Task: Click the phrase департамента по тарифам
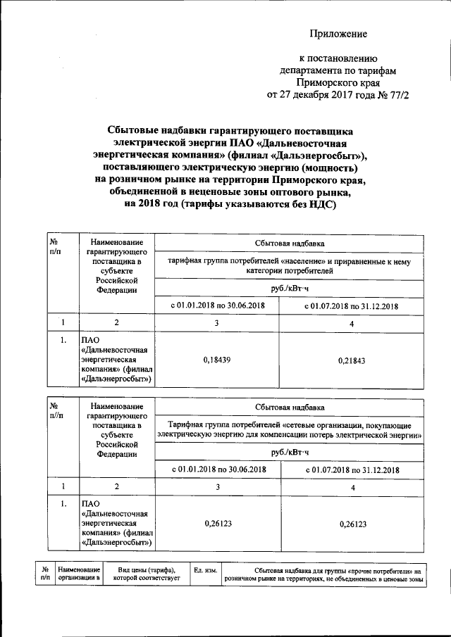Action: point(339,70)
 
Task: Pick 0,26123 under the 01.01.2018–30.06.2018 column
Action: point(218,523)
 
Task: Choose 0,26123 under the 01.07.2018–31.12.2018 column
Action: point(353,523)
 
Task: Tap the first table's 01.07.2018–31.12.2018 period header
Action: point(352,306)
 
